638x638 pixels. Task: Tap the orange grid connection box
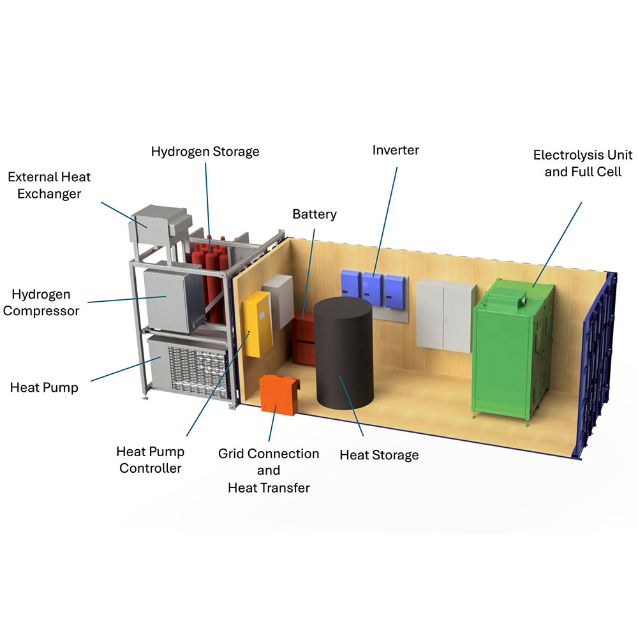(279, 394)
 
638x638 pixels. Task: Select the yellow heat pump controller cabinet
(255, 323)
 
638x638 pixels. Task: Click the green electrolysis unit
(510, 354)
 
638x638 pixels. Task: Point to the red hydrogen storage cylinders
(209, 274)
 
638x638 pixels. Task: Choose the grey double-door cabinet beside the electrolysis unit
(445, 315)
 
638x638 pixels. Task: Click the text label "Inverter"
(396, 150)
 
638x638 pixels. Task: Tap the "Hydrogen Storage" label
(205, 151)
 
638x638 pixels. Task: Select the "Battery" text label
(315, 214)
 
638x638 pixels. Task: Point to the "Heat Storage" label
(379, 455)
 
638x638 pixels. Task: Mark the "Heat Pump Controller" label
(151, 460)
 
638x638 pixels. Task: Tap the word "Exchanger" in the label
(49, 193)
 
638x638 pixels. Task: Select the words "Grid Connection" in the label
(269, 454)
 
